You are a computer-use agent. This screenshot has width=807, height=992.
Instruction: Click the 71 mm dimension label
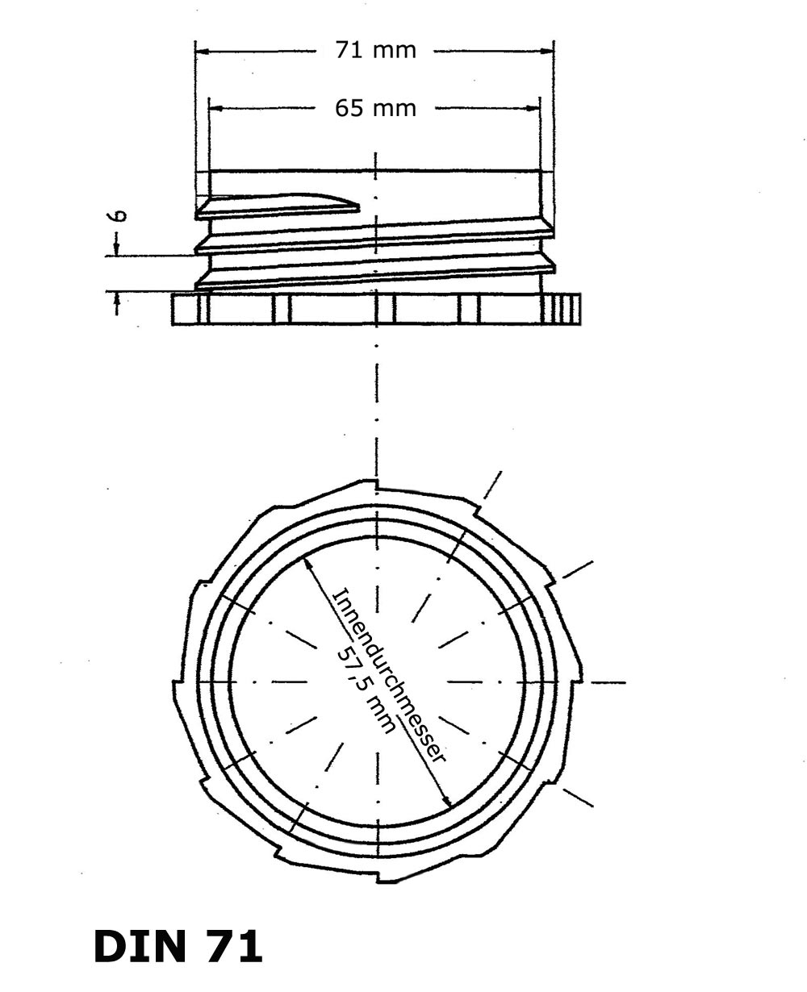[x=375, y=50]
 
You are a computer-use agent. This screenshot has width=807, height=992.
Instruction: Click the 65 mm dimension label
[x=375, y=108]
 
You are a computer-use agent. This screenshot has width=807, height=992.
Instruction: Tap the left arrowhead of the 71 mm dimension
[x=203, y=52]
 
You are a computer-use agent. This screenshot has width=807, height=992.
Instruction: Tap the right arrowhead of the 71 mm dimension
[x=546, y=52]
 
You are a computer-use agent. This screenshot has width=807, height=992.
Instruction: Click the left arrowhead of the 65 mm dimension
[x=216, y=109]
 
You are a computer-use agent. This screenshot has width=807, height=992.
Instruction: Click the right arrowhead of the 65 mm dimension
[x=532, y=109]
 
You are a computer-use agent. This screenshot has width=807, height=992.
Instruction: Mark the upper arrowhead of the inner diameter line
[x=308, y=564]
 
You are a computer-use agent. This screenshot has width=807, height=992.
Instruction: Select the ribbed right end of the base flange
[x=562, y=309]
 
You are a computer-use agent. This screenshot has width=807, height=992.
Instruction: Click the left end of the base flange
[x=174, y=309]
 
